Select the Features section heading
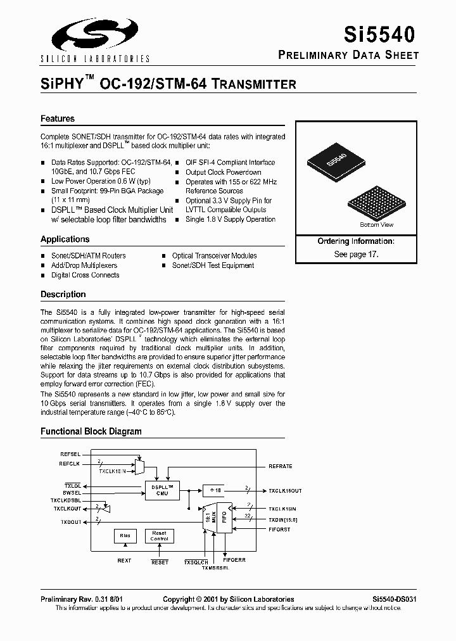(x=58, y=118)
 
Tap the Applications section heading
(x=65, y=239)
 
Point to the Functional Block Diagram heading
(x=91, y=431)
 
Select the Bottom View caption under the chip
(x=376, y=225)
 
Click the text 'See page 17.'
(x=356, y=253)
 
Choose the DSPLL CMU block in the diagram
(x=162, y=490)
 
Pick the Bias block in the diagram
(x=124, y=536)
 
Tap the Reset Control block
(x=160, y=536)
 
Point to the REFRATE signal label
(x=281, y=466)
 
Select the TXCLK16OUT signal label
(x=285, y=491)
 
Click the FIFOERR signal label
(x=235, y=561)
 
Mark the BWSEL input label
(x=72, y=492)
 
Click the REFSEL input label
(x=70, y=454)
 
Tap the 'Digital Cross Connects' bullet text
(x=85, y=276)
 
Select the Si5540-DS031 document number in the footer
(x=394, y=599)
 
